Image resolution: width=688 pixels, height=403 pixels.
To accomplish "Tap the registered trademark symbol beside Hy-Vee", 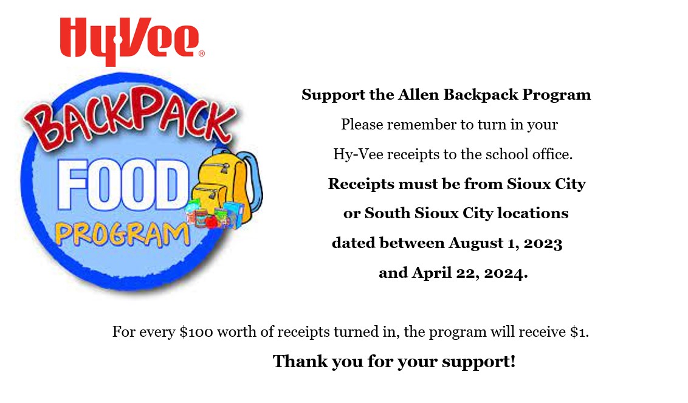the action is [202, 53].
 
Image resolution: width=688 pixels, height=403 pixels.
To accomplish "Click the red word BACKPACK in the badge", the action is [131, 117].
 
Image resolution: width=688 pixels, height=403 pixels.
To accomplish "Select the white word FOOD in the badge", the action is [123, 185].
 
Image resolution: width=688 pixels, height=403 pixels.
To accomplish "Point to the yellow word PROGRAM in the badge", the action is [122, 234].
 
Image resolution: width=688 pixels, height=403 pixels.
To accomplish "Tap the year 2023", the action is [543, 243].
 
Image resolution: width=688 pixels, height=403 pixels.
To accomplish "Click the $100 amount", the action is [196, 332].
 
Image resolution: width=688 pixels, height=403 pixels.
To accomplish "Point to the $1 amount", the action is [579, 332].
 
